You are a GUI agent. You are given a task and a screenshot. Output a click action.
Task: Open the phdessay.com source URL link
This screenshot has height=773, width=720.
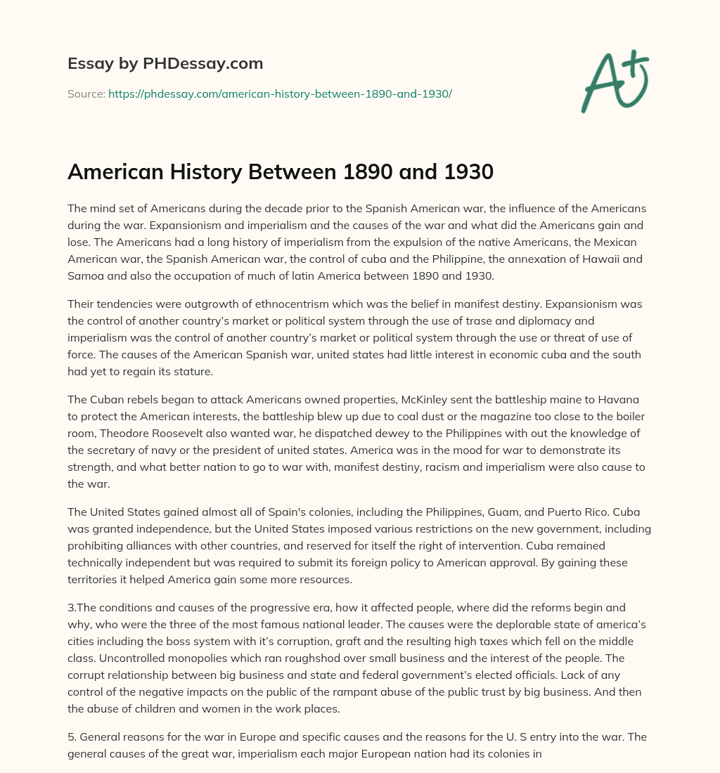pyautogui.click(x=280, y=93)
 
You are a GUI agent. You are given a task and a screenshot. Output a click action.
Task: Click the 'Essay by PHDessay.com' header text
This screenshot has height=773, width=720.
pyautogui.click(x=165, y=63)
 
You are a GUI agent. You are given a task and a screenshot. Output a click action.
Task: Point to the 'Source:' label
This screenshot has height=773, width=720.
pyautogui.click(x=86, y=93)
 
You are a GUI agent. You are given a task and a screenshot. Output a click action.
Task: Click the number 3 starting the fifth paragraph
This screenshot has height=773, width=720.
pyautogui.click(x=70, y=607)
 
